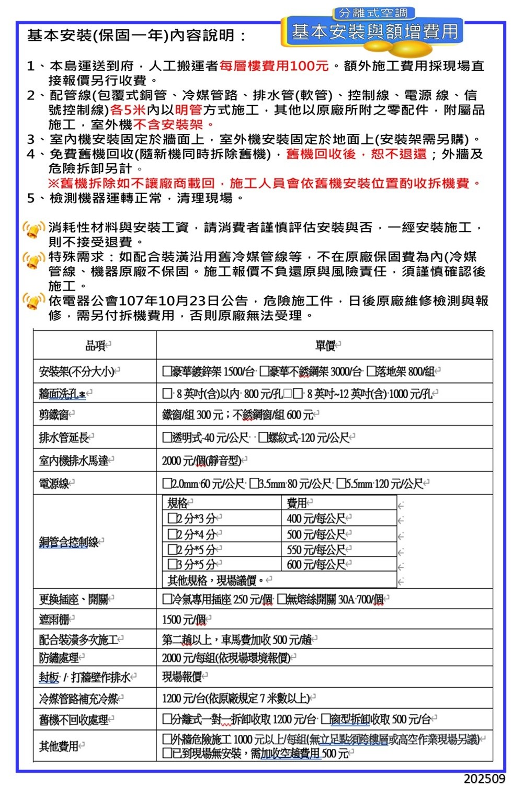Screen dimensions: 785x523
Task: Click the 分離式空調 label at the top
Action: (373, 13)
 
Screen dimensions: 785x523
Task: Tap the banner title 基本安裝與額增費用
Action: (374, 32)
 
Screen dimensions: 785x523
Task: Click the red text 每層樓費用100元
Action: (274, 66)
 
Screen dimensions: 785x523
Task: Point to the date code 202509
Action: (484, 778)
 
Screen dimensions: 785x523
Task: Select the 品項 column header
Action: (96, 345)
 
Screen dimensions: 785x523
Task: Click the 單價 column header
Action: (325, 345)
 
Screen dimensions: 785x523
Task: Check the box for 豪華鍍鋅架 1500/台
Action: (167, 372)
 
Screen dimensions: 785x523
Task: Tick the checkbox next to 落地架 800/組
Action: (371, 372)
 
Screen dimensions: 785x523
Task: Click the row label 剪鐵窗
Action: (53, 415)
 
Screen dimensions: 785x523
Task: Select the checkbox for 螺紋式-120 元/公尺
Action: (263, 438)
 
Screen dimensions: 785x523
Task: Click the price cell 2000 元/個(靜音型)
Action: (201, 461)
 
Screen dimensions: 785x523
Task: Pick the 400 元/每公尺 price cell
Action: (316, 519)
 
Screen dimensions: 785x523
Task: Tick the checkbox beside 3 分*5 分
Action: (172, 564)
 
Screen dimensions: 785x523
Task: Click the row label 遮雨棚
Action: (54, 620)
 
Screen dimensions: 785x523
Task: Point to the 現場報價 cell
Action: (181, 677)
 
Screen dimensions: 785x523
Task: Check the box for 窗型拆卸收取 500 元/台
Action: (325, 720)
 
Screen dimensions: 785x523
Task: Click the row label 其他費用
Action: (59, 746)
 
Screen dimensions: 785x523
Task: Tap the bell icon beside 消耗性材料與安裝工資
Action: (34, 230)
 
